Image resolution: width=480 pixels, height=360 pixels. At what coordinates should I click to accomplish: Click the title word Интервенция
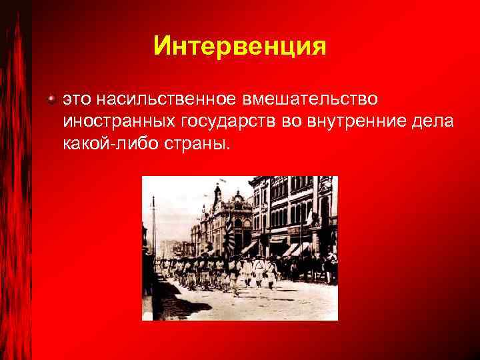[x=239, y=46]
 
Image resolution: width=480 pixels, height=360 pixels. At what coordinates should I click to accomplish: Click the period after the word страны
[x=228, y=148]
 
